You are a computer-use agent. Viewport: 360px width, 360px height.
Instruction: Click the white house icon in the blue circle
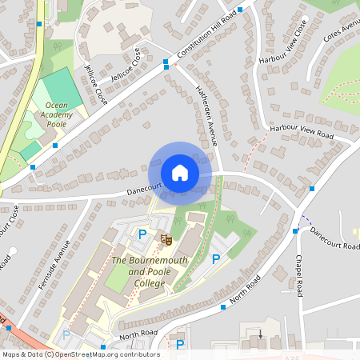[x=180, y=173]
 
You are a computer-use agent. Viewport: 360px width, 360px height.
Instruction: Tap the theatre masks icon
[x=166, y=238]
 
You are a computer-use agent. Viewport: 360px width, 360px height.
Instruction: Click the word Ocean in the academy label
[x=57, y=105]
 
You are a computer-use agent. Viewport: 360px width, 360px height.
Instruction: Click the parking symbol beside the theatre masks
[x=142, y=234]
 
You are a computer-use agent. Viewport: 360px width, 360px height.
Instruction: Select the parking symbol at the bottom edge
[x=180, y=345]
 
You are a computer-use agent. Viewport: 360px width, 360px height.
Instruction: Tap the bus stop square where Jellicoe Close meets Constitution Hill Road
[x=166, y=62]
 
